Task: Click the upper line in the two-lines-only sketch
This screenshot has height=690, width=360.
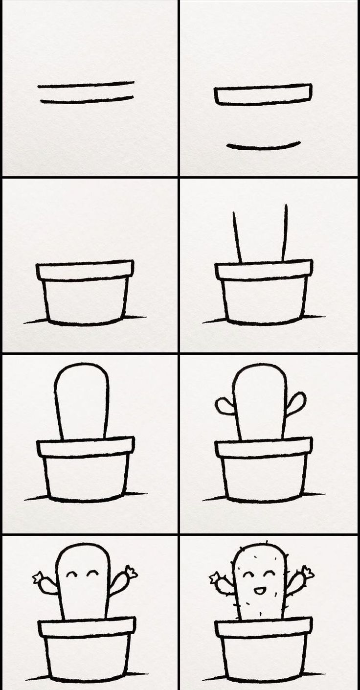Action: [86, 85]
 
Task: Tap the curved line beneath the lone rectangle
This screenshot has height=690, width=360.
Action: [263, 146]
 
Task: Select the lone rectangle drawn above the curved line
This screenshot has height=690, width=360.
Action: [263, 94]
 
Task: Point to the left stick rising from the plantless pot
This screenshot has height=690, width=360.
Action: [237, 237]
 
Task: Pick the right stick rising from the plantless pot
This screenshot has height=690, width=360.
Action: [284, 233]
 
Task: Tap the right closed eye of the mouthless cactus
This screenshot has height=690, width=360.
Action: [93, 573]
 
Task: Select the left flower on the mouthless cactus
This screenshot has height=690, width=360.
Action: [39, 578]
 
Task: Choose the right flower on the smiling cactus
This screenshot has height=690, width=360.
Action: [308, 572]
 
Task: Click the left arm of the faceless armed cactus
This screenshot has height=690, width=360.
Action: [225, 406]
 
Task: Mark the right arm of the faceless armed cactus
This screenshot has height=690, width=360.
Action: [296, 403]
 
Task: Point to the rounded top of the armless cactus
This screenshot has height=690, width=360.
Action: [81, 368]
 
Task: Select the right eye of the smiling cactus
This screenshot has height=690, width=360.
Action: [269, 573]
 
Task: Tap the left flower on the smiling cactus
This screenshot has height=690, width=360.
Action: [215, 578]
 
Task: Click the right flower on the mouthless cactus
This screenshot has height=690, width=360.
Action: [131, 572]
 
